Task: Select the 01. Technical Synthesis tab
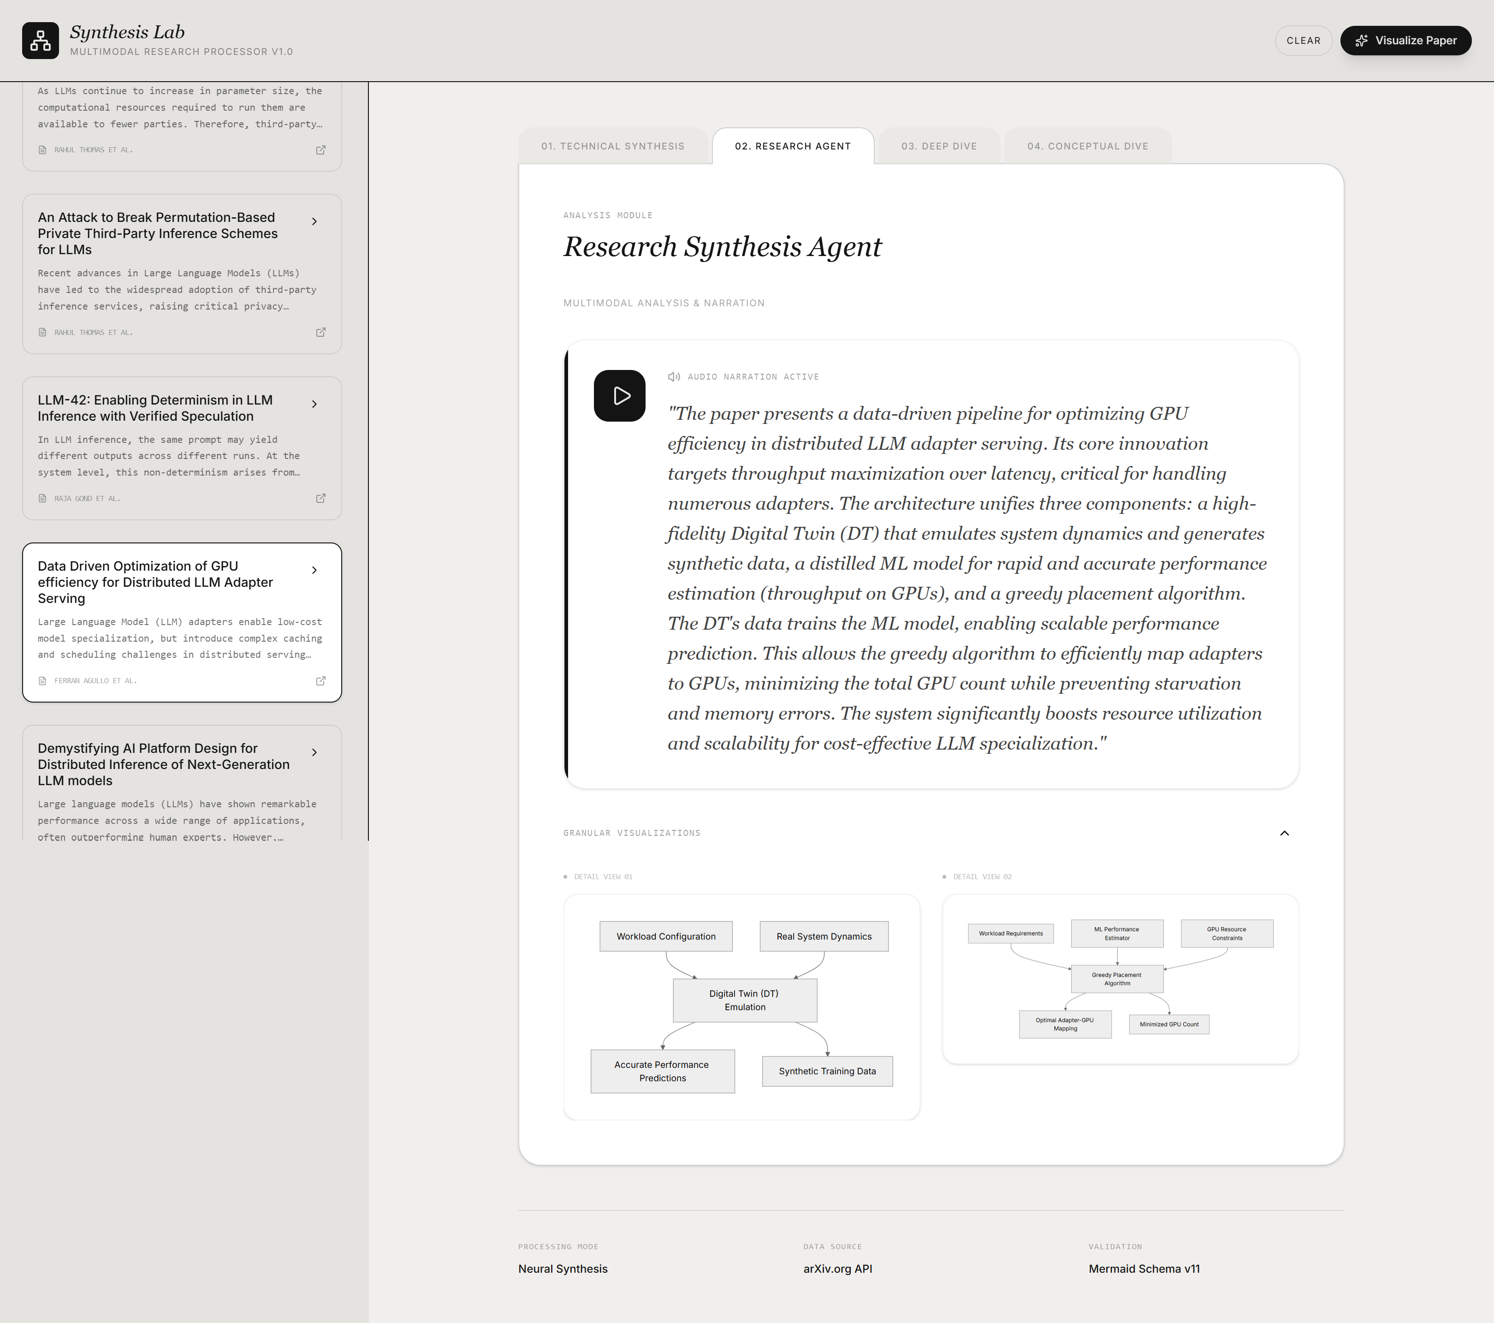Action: pos(612,146)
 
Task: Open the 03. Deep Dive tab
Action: pos(938,146)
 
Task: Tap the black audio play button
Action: pos(619,396)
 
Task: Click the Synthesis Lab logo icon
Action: pos(40,40)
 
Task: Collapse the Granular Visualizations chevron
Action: pos(1284,833)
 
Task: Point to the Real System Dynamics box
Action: pos(824,936)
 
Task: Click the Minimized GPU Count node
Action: pos(1169,1025)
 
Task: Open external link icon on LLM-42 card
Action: pos(320,499)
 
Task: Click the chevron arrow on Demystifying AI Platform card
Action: pos(314,752)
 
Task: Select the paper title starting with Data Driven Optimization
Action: pos(155,582)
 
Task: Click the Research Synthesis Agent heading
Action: pos(722,247)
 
